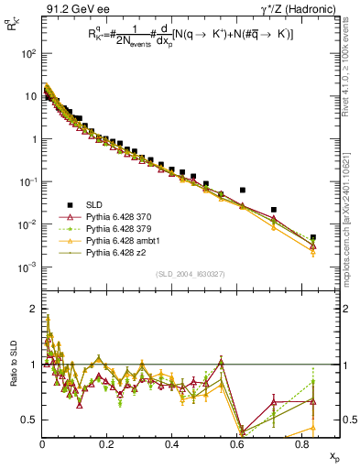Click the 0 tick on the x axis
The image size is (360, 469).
(x=42, y=443)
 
